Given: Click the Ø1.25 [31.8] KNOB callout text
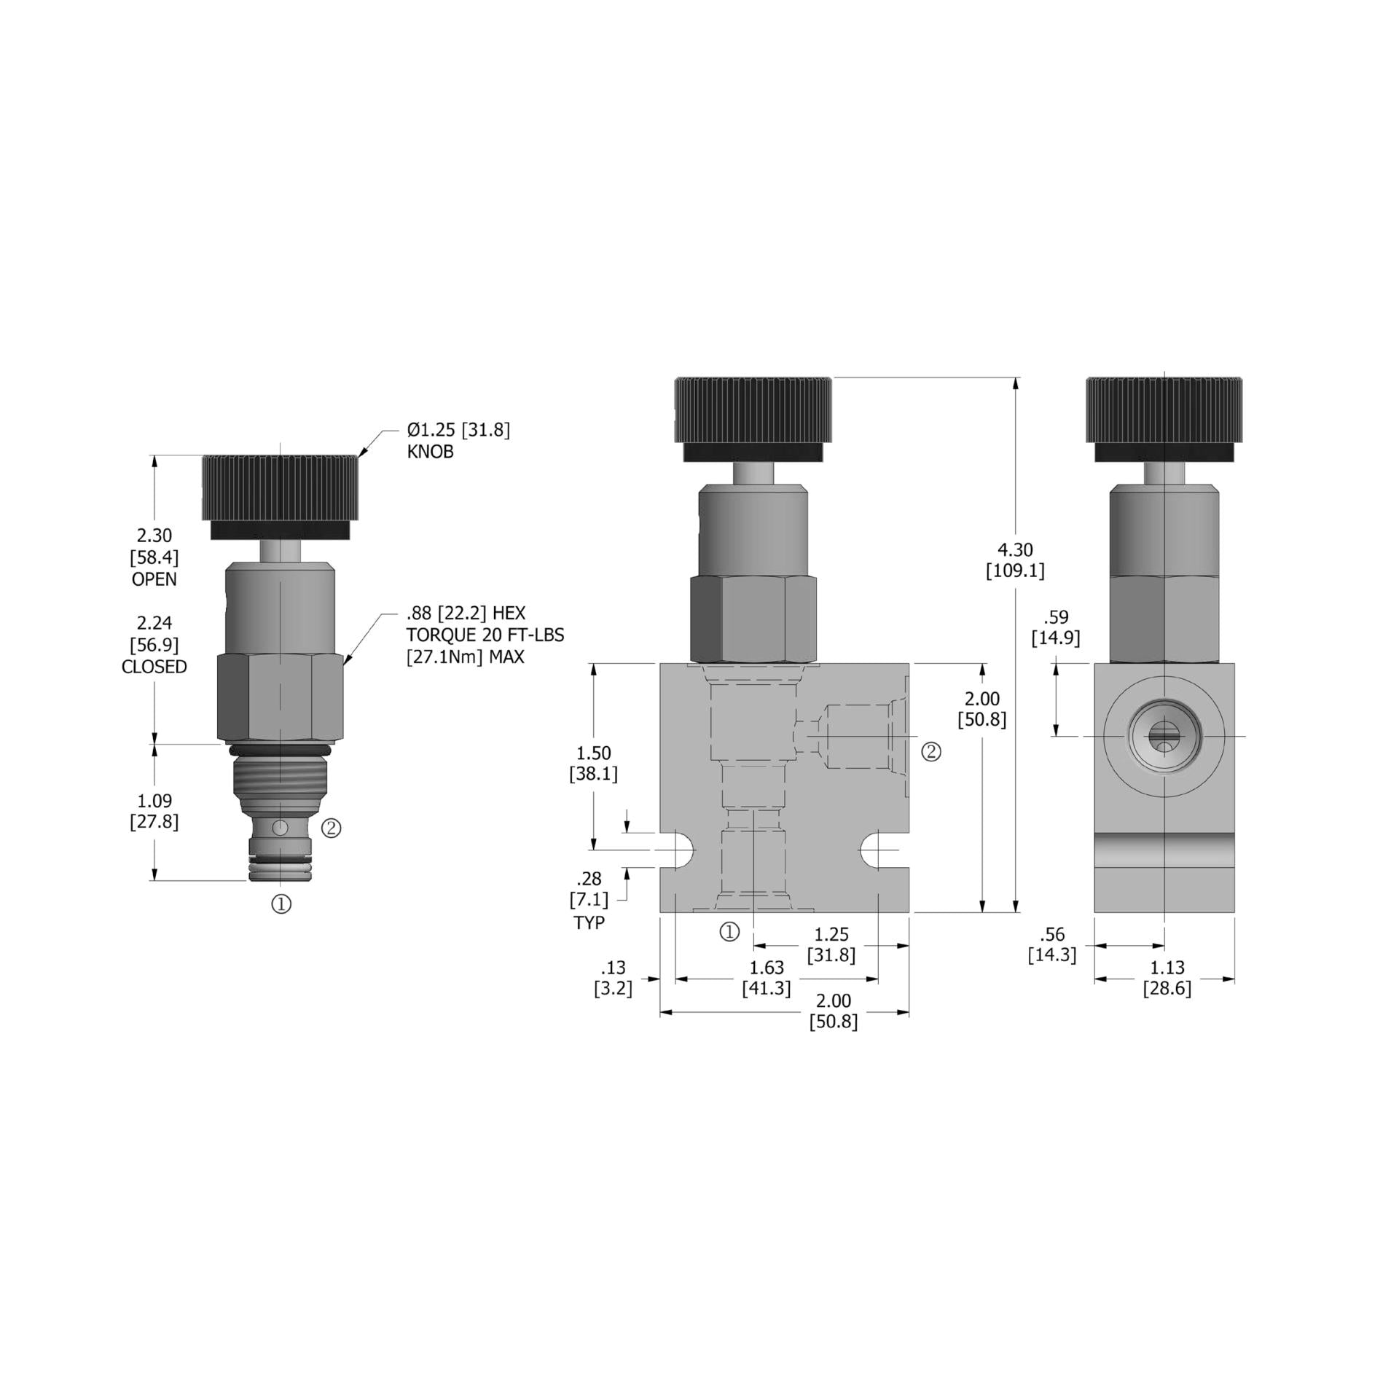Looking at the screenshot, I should [458, 440].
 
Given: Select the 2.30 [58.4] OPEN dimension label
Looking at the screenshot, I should [154, 557].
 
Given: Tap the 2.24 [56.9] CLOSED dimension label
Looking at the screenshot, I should [154, 644].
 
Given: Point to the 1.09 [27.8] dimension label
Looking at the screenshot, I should [154, 811].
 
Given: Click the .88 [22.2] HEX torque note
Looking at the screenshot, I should [485, 634].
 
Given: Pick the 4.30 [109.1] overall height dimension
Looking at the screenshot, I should [1015, 560].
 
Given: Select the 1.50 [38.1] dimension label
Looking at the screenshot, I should [593, 763].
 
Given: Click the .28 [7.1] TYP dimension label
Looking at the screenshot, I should [589, 900].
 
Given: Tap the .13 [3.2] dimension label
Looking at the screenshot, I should [613, 978].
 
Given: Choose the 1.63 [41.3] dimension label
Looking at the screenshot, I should [767, 978].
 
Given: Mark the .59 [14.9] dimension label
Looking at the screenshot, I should [1055, 628].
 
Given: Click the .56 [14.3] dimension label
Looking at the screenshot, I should [1051, 944].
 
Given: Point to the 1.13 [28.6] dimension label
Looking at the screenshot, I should [1167, 978].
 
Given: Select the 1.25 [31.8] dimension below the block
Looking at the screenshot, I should [831, 944].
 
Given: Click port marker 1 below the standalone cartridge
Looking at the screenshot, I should [281, 904].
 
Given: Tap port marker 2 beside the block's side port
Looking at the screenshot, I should [931, 752].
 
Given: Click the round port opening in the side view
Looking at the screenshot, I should [1164, 737].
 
